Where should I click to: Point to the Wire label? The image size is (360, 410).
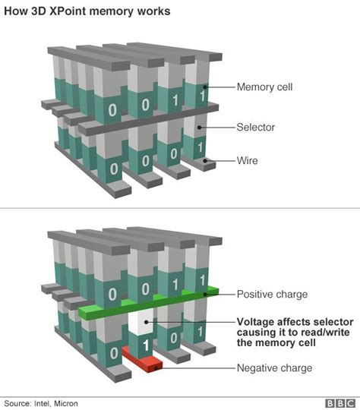pos(249,160)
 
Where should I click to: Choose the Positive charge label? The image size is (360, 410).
pos(271,294)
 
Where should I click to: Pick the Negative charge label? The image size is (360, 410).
pos(273,368)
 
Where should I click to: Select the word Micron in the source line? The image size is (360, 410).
pos(69,402)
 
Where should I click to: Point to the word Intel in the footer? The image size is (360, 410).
pos(44,402)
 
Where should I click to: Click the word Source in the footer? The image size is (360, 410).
pos(17,402)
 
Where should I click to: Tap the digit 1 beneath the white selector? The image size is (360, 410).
pos(145,345)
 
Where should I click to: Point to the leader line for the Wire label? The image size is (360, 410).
pos(224,160)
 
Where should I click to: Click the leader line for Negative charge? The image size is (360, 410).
pos(201,368)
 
